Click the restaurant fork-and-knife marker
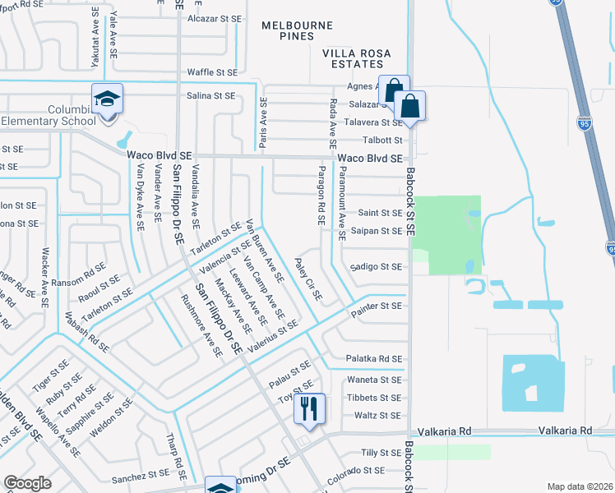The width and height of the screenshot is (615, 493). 309,408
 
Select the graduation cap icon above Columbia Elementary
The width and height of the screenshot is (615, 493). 107,100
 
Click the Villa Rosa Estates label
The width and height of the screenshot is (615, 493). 361,58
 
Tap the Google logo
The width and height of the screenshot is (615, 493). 27,483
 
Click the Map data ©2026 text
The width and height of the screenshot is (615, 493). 579,486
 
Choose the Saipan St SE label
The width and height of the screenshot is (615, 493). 375,231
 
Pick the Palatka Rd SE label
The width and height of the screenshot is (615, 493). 374,359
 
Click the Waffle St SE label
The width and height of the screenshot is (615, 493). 212,72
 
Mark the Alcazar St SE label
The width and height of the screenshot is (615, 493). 215,18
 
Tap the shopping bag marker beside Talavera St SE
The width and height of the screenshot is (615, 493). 409,106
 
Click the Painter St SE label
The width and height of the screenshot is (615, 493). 376,306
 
